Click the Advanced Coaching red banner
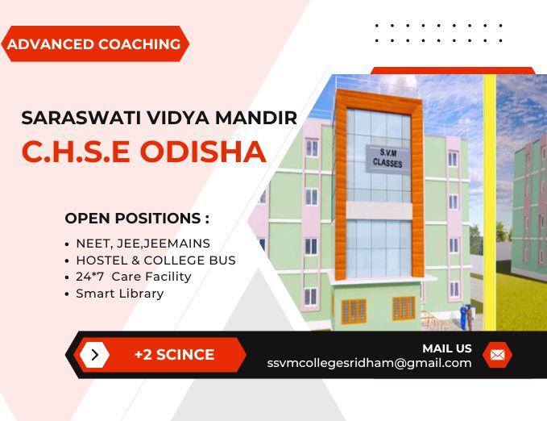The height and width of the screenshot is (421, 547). point(95,44)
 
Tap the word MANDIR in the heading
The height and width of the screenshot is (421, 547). point(256,118)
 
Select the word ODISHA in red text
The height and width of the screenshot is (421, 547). point(203,152)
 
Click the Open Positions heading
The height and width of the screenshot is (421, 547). point(137,218)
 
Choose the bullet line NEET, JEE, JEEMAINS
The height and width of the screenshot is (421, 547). point(143,244)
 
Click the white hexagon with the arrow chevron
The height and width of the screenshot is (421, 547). point(94,355)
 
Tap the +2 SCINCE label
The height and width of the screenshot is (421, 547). point(175,355)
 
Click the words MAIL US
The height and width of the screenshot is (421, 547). point(447,348)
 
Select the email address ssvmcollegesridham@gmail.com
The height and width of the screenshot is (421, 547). point(369,363)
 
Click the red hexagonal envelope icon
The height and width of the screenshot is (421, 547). point(497,355)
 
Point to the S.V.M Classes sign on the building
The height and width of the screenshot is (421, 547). point(387,159)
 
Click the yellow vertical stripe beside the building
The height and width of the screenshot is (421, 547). point(490,202)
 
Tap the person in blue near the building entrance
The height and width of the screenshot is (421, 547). point(464,318)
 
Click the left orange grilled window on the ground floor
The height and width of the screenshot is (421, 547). point(354,311)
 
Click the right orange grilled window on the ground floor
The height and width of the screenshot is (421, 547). point(404,308)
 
